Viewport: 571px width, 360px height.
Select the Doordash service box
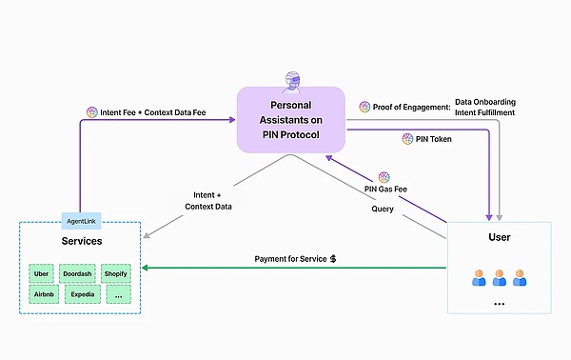point(78,273)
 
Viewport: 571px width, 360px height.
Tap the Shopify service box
point(115,273)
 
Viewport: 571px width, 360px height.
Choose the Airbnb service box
point(42,296)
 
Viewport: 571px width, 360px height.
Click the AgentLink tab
point(82,220)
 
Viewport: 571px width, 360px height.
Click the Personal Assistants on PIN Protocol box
point(290,120)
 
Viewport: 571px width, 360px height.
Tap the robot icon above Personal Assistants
point(290,79)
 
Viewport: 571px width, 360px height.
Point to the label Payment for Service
point(289,258)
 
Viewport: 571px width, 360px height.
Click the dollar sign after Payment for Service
point(333,258)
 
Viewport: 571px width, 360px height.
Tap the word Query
point(383,209)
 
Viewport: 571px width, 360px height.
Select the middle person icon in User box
point(499,279)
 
